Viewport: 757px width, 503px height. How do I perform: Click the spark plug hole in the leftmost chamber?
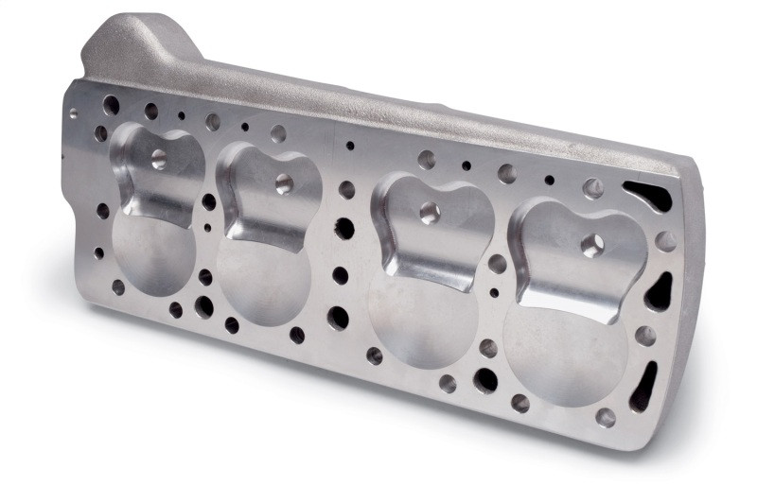coord(158,157)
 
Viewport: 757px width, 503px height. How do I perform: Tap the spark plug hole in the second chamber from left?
coord(283,182)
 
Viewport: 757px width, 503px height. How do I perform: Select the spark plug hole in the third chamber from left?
coord(429,212)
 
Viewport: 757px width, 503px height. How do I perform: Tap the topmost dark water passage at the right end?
coord(653,197)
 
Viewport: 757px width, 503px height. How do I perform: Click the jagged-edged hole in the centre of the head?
coord(343,228)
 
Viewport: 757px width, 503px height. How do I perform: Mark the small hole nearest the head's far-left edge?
coord(74,113)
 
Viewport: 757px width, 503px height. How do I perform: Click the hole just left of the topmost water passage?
coord(593,188)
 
